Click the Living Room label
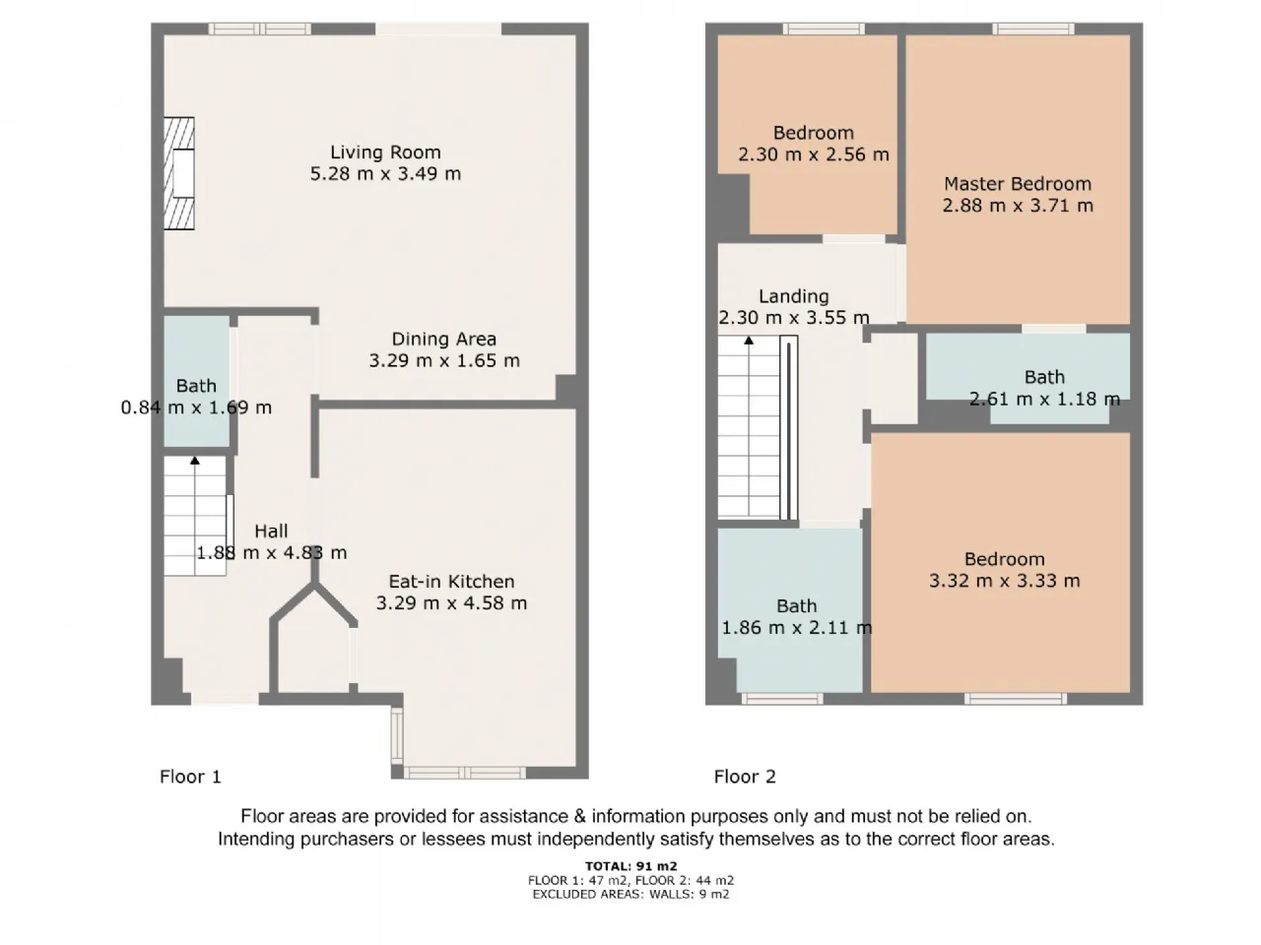(385, 153)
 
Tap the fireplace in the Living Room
(178, 173)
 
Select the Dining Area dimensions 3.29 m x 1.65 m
(444, 361)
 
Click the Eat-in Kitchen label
(451, 582)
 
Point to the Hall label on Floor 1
(271, 532)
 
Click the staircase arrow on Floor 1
(195, 460)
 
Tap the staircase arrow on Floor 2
(749, 341)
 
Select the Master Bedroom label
(1018, 184)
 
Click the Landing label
(794, 296)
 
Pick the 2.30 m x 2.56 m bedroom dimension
(814, 155)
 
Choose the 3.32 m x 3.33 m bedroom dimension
(1005, 581)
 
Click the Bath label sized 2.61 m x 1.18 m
(1044, 378)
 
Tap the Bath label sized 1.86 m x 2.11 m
(797, 606)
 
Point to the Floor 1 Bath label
(196, 386)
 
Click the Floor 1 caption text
(190, 777)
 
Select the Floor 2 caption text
(745, 777)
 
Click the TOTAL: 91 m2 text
(630, 866)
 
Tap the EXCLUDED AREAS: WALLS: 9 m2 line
(630, 895)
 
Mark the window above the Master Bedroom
(1033, 29)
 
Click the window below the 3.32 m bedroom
(1015, 699)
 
